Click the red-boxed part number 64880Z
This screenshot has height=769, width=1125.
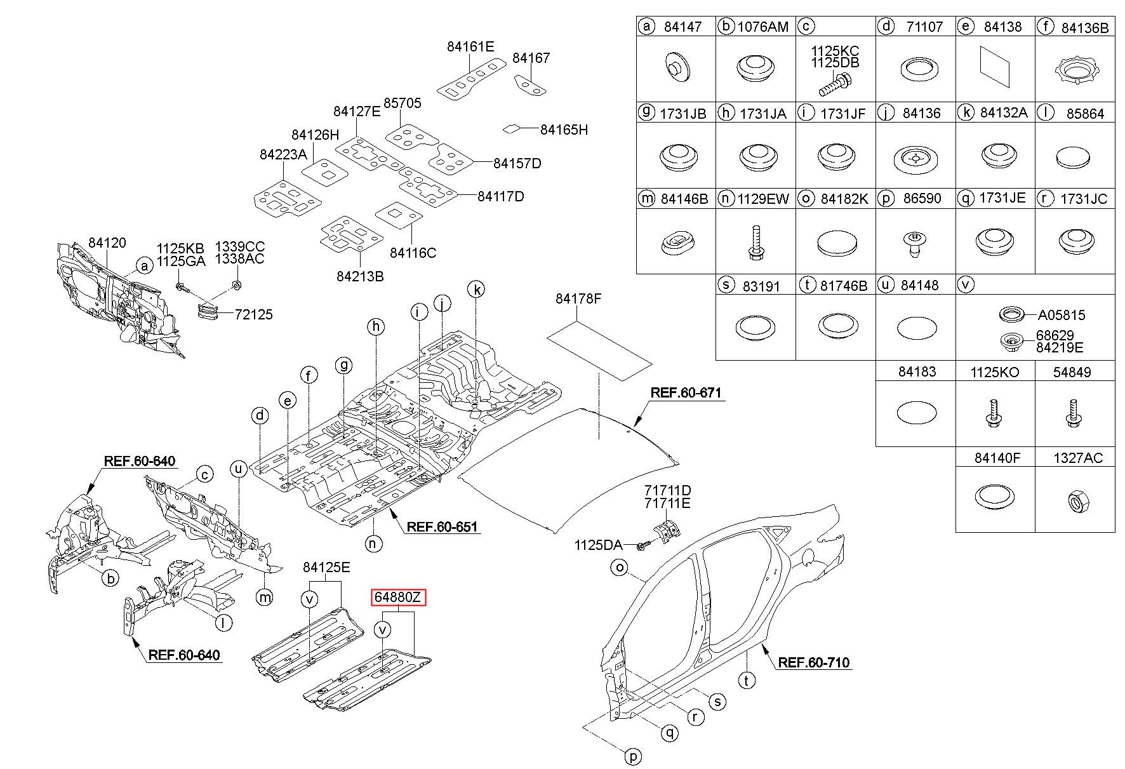(398, 598)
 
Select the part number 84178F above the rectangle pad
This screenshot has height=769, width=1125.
(578, 298)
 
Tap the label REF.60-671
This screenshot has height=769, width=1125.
(686, 393)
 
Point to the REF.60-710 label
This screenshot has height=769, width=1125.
(814, 663)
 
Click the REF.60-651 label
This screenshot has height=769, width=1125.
(442, 526)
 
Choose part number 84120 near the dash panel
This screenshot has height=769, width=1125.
(107, 243)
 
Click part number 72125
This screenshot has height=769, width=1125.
(253, 314)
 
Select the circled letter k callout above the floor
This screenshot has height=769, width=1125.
(476, 290)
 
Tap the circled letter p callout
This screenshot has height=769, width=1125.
(634, 756)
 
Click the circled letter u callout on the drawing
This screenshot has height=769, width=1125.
(239, 469)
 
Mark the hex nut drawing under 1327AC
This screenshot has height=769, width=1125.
(1079, 503)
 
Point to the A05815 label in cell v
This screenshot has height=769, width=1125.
(1062, 315)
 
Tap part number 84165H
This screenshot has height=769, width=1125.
(564, 130)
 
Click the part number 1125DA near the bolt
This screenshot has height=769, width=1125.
(598, 545)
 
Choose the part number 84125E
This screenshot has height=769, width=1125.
(326, 567)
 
